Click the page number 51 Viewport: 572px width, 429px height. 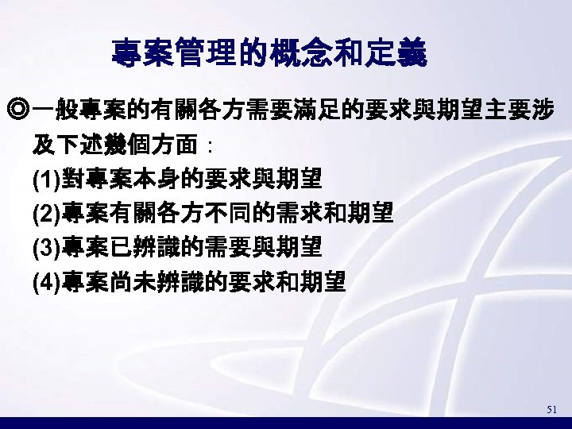point(553,410)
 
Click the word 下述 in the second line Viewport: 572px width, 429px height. point(76,146)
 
